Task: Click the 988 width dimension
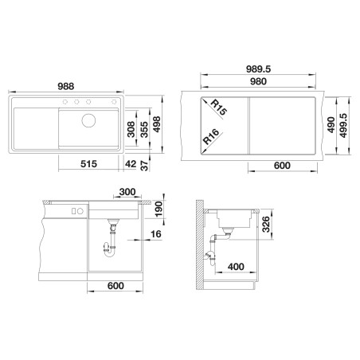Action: coord(66,86)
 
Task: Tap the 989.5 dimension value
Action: coord(258,69)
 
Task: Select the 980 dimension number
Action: coord(258,81)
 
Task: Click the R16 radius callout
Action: coord(211,136)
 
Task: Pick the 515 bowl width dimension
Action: coord(88,164)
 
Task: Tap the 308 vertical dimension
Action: coord(131,129)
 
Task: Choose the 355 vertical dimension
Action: coord(144,129)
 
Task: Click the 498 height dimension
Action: coord(157,124)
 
